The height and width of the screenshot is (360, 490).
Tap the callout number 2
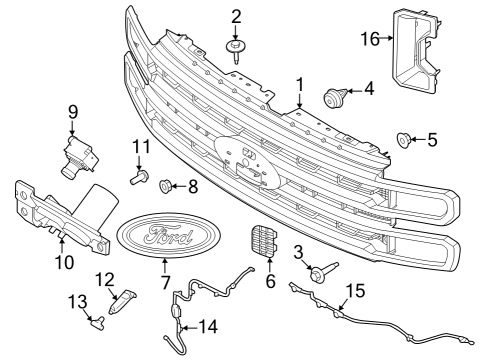click(236, 16)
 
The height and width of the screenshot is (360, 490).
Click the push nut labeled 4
click(333, 97)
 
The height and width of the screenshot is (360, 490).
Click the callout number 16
click(370, 38)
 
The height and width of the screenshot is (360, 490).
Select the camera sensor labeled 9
click(78, 154)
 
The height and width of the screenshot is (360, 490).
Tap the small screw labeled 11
click(138, 179)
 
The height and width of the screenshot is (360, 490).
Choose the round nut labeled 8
click(166, 185)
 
